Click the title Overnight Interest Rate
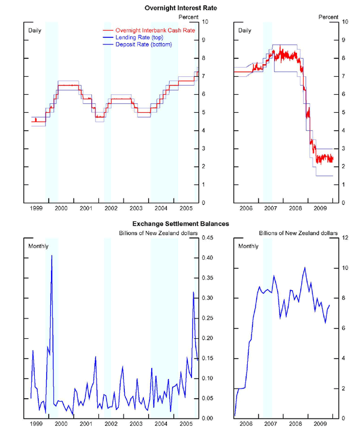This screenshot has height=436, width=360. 179,8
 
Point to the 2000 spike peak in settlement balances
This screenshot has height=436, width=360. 52,255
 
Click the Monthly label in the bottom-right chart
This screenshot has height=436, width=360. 249,246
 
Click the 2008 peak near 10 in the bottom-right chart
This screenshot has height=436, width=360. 305,267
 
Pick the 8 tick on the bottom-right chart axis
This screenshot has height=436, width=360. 343,297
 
